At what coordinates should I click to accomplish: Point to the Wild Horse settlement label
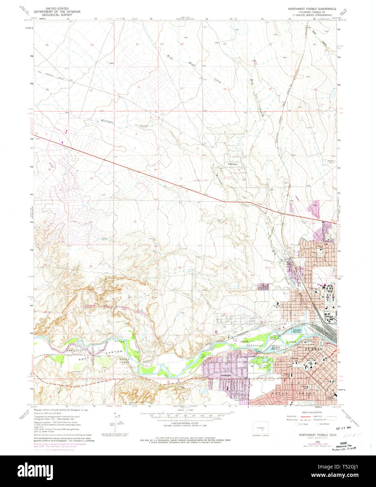click(233, 164)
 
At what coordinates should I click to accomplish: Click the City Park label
click(264, 365)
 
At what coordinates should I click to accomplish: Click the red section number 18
click(135, 221)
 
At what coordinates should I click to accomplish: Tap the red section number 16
click(226, 223)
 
